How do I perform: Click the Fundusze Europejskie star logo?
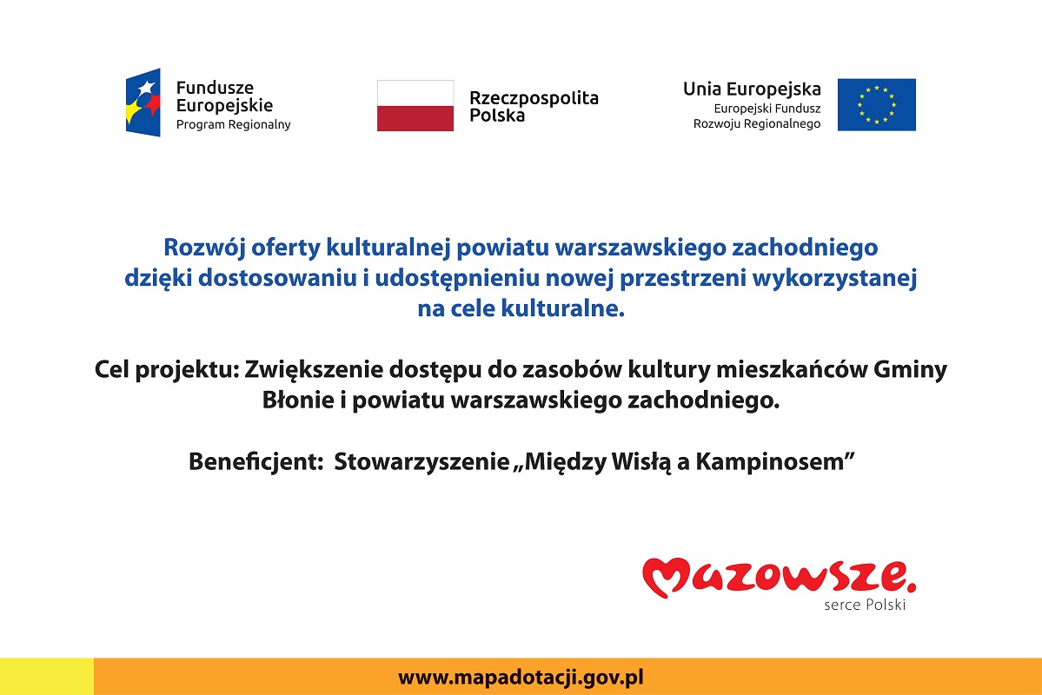click(143, 103)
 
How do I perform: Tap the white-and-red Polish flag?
click(415, 106)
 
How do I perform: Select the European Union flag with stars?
click(877, 105)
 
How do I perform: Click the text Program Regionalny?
click(233, 125)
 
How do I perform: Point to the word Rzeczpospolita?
click(534, 98)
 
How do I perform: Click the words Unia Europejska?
click(752, 89)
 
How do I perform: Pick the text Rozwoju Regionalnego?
click(757, 123)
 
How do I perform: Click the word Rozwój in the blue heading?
click(204, 248)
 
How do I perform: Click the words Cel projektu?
click(166, 369)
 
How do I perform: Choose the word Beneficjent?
click(256, 461)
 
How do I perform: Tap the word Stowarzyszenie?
click(421, 461)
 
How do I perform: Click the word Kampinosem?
click(769, 461)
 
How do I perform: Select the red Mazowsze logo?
click(779, 577)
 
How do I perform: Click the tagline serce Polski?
click(865, 605)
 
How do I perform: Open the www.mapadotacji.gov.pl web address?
click(521, 678)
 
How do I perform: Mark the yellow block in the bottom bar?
click(47, 677)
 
